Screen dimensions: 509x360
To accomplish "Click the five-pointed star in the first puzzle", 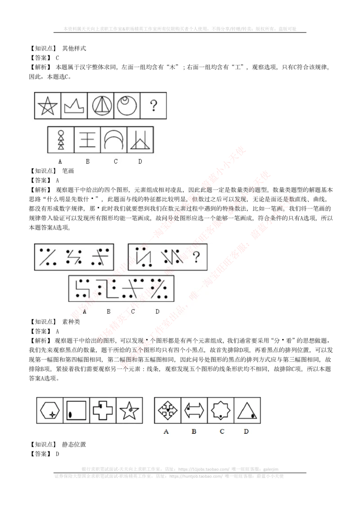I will (x=48, y=106).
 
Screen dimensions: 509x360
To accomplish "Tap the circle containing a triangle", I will (x=100, y=106).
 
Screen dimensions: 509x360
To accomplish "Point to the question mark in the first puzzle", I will (x=154, y=106).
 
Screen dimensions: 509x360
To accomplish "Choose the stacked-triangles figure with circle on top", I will (x=61, y=140).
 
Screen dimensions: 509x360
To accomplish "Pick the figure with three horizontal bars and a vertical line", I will (x=87, y=140).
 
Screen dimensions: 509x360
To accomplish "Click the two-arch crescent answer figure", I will (x=113, y=140).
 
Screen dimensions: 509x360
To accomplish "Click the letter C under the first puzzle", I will (x=116, y=162).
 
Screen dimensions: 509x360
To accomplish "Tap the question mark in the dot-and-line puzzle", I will (x=196, y=257).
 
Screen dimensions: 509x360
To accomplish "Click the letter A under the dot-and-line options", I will (x=85, y=311).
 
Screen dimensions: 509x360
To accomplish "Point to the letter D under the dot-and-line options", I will (x=157, y=311).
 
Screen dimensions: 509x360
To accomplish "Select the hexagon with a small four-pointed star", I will (x=49, y=410).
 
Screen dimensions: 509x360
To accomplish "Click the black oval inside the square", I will (x=70, y=415).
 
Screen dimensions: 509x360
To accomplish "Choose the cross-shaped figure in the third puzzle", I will (x=103, y=410).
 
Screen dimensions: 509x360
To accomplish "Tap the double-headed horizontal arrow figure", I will (x=194, y=410).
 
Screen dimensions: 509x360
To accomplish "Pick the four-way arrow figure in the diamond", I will (x=167, y=410).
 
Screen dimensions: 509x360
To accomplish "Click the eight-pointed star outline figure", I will (x=220, y=410).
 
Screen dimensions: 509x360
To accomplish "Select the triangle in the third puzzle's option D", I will (x=247, y=411).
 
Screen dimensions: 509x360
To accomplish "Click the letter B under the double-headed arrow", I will (x=194, y=432).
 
